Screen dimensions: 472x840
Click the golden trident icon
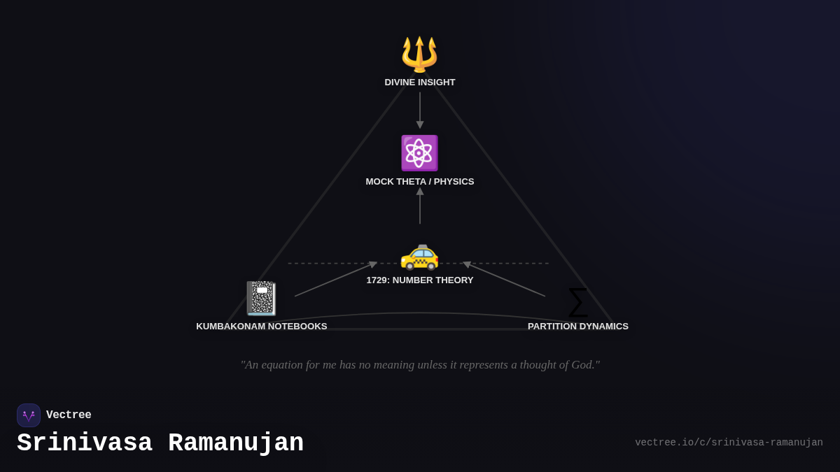pyautogui.click(x=419, y=54)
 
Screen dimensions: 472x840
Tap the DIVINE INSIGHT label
pyautogui.click(x=420, y=83)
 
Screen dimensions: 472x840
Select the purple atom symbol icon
pyautogui.click(x=419, y=153)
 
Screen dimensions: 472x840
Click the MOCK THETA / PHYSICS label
pyautogui.click(x=420, y=182)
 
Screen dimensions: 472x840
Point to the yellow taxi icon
pyautogui.click(x=419, y=255)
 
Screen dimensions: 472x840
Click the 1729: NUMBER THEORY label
pyautogui.click(x=420, y=280)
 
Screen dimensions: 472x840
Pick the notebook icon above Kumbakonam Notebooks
pyautogui.click(x=261, y=299)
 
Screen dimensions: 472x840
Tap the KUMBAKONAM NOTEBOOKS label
pyautogui.click(x=262, y=327)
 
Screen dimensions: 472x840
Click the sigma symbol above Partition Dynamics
pyautogui.click(x=577, y=302)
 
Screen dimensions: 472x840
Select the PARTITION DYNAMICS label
pyautogui.click(x=578, y=327)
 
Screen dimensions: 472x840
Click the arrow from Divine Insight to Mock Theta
pyautogui.click(x=420, y=109)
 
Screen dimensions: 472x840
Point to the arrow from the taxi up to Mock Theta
pyautogui.click(x=420, y=206)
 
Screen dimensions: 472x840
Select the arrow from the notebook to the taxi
pyautogui.click(x=336, y=279)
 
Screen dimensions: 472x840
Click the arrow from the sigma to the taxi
pyautogui.click(x=504, y=279)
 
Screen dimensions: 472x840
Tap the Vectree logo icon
pyautogui.click(x=29, y=415)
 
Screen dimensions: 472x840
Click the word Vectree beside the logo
pyautogui.click(x=69, y=415)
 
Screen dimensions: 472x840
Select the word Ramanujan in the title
pyautogui.click(x=236, y=443)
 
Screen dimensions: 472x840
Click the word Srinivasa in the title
pyautogui.click(x=85, y=443)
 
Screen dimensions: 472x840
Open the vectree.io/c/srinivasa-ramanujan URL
pyautogui.click(x=729, y=443)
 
